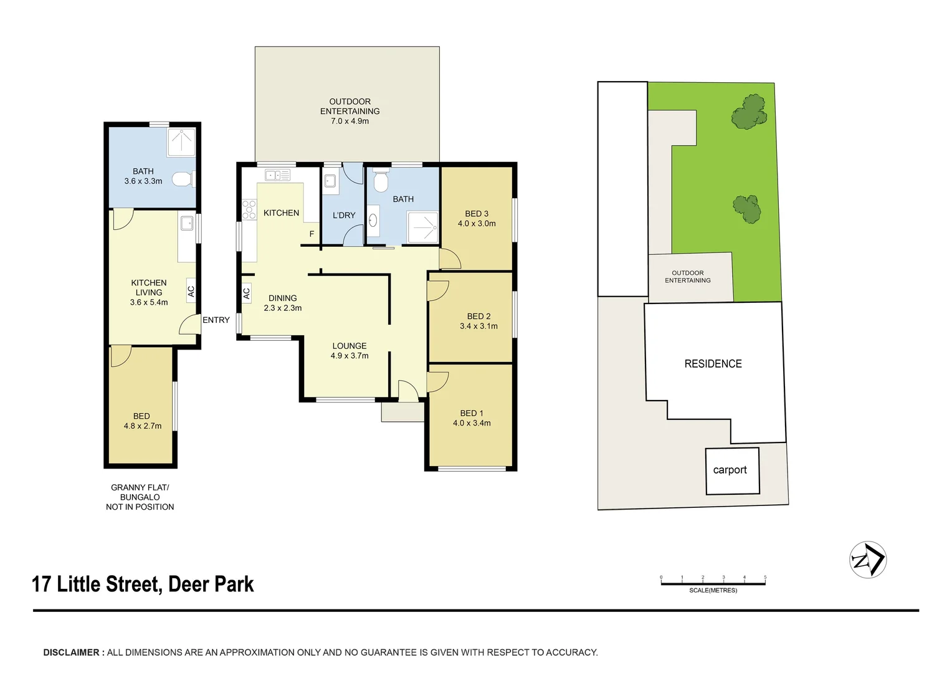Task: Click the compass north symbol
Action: coord(868,560)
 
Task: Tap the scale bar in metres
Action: coord(713,583)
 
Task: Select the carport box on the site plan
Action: coord(732,470)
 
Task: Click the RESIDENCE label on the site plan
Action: coord(713,364)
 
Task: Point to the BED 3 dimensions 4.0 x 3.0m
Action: coord(477,224)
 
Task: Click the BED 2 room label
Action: coord(478,317)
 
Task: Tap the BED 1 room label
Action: coord(472,413)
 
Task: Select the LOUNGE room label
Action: coord(350,346)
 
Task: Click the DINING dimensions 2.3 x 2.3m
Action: coord(283,308)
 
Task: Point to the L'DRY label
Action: coord(344,215)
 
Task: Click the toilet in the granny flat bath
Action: coord(182,179)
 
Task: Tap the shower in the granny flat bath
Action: coord(181,142)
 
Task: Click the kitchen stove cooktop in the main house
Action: coord(249,209)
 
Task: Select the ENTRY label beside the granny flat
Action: coord(216,320)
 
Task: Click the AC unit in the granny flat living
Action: coord(191,290)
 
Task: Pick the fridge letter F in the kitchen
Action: coord(312,234)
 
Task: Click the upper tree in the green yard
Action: coord(749,112)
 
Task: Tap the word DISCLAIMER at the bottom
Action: coord(72,652)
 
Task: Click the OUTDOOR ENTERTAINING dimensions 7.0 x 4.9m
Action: coord(350,121)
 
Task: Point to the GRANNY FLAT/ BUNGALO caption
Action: coord(140,492)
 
